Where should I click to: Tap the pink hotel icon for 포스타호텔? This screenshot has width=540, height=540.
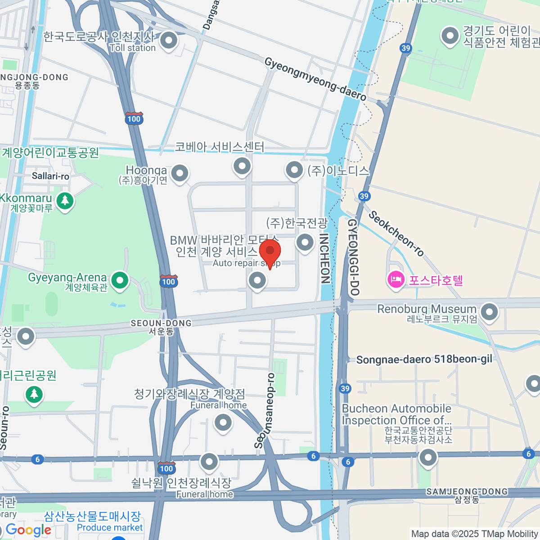[396, 280]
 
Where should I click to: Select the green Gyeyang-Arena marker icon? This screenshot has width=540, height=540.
[120, 281]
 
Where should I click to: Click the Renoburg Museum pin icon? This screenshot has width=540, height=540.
[489, 311]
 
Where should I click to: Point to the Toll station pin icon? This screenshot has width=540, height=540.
[169, 40]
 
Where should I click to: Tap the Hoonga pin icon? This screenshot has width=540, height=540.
[180, 173]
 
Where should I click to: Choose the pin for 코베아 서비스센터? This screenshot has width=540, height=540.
[242, 166]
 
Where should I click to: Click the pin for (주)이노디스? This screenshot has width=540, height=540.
[294, 170]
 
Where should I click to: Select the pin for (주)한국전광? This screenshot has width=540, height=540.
[305, 242]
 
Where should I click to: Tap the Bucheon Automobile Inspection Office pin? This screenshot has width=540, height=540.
[428, 458]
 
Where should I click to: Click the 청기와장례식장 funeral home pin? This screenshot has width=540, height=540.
[223, 423]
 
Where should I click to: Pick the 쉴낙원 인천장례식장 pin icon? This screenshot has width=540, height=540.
[209, 461]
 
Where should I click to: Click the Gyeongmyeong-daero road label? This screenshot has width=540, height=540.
[315, 79]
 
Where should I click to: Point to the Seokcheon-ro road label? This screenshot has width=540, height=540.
[396, 233]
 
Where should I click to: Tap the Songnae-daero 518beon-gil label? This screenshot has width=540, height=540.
[424, 359]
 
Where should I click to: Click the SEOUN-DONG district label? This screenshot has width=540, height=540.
[161, 323]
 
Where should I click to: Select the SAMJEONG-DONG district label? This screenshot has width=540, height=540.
[467, 491]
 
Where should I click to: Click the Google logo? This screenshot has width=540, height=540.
[28, 530]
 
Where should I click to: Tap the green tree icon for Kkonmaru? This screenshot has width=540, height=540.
[65, 200]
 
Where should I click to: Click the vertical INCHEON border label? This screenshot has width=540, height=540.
[324, 258]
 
